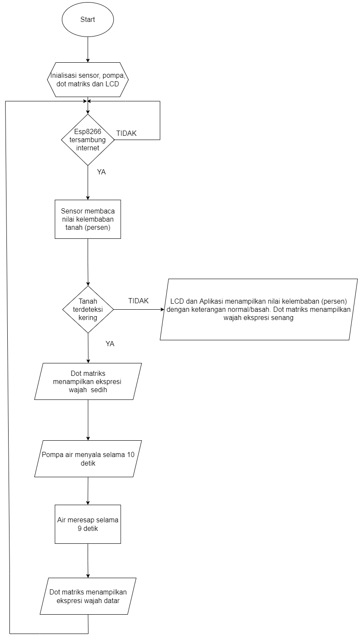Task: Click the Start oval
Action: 88,19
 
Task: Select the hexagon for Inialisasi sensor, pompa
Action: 88,79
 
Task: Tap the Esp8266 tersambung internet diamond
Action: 88,140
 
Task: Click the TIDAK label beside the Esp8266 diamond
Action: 126,134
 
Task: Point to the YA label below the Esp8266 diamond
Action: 101,172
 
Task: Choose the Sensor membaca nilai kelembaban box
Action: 88,219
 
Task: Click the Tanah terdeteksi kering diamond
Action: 88,309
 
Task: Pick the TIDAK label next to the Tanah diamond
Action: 138,301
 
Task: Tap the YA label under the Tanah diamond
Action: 110,344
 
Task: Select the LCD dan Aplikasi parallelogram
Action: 259,309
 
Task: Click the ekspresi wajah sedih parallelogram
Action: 88,381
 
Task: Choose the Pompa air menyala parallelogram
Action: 88,459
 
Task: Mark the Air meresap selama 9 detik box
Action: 88,524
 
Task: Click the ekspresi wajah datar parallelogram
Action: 88,596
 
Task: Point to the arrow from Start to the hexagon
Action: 88,49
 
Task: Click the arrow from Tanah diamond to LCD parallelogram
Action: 139,309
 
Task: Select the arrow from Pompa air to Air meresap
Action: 88,491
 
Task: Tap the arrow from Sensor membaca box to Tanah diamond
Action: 88,262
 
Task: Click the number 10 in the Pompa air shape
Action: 131,454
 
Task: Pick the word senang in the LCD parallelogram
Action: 283,318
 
